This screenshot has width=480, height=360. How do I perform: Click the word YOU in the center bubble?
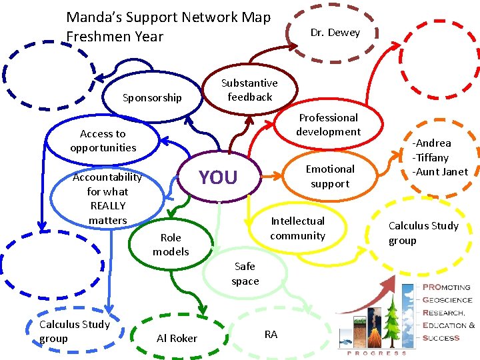pyautogui.click(x=218, y=177)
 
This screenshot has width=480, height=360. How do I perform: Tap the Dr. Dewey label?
pyautogui.click(x=335, y=33)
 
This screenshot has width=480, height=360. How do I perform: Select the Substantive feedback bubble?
pyautogui.click(x=249, y=90)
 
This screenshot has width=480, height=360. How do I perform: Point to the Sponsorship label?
pyautogui.click(x=152, y=98)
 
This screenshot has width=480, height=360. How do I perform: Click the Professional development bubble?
pyautogui.click(x=328, y=125)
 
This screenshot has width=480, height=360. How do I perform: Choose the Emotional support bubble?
pyautogui.click(x=330, y=176)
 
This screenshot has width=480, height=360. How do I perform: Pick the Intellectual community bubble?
pyautogui.click(x=297, y=228)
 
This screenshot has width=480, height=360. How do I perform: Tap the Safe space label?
pyautogui.click(x=245, y=273)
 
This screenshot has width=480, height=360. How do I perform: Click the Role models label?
pyautogui.click(x=171, y=245)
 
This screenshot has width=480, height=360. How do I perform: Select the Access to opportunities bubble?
pyautogui.click(x=103, y=141)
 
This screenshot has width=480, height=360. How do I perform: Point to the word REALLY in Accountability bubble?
pyautogui.click(x=108, y=205)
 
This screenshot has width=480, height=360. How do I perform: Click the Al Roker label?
pyautogui.click(x=177, y=338)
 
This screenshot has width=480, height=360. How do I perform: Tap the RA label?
pyautogui.click(x=271, y=334)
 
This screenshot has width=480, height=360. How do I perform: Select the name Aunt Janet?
pyautogui.click(x=441, y=172)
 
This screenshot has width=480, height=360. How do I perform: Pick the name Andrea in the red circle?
pyautogui.click(x=431, y=143)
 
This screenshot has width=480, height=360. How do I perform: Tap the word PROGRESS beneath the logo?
pyautogui.click(x=378, y=353)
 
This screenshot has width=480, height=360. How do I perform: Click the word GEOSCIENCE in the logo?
pyautogui.click(x=448, y=300)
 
